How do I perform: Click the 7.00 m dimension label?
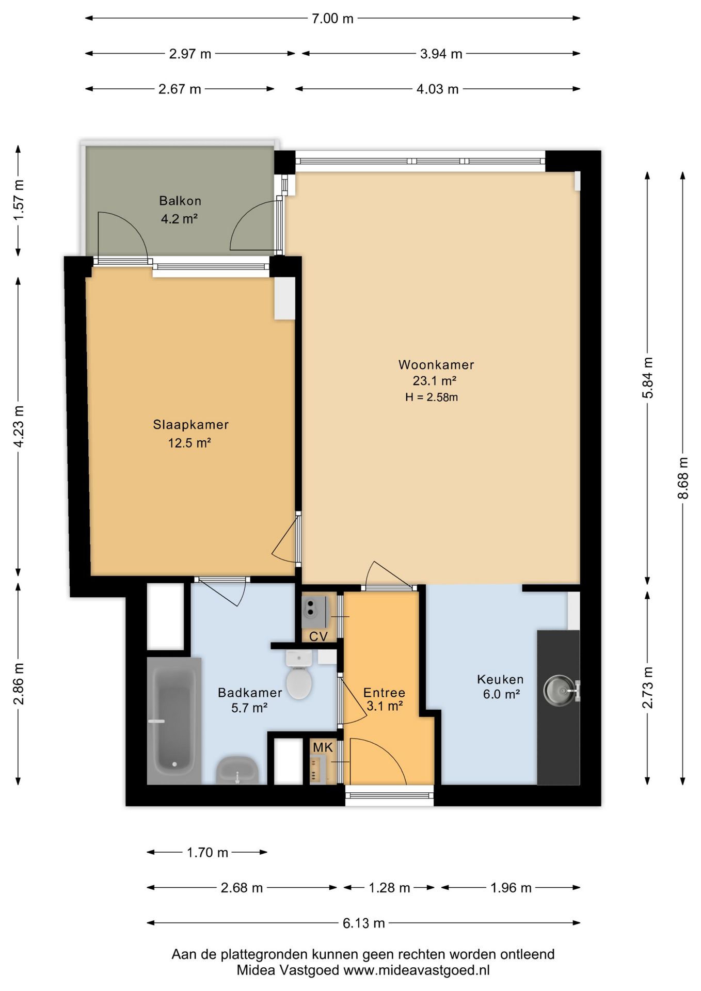pos(333,19)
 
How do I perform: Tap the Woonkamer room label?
pos(436,365)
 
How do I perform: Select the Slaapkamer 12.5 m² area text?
pos(189,443)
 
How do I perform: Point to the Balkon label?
pos(180,201)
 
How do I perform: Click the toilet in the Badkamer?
pos(299,674)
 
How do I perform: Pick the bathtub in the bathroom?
pos(174,721)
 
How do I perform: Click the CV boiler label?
pos(318,636)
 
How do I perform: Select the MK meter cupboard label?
pos(323,747)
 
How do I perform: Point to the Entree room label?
pos(384,693)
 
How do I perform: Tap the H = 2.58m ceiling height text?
pos(432,397)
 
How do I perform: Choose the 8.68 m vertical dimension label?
pos(682,478)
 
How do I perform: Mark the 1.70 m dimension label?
pos(208,852)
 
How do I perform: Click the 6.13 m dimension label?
pos(364,923)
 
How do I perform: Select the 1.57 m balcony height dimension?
pos(19,200)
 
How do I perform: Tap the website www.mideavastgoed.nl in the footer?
pos(417,970)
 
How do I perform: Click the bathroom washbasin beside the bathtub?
pos(237,770)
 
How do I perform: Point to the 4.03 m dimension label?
pos(438,89)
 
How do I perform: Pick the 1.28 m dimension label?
pos(389,888)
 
